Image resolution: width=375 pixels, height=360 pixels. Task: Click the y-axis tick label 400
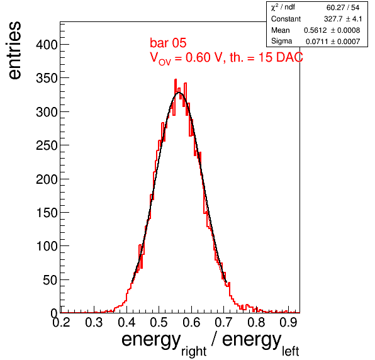(47, 45)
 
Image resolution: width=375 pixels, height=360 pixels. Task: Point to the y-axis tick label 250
(47, 145)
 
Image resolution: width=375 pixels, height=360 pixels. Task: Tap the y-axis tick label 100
(47, 246)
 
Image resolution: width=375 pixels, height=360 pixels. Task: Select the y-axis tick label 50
(50, 280)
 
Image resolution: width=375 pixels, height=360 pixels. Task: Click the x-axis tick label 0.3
(94, 322)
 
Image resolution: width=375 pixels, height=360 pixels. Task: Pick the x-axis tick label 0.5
(159, 322)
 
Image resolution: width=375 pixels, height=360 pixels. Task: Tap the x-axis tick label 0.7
(223, 322)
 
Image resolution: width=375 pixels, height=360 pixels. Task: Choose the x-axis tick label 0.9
(288, 322)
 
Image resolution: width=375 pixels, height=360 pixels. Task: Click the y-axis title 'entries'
(15, 50)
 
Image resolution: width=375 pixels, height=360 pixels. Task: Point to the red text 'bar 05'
(168, 43)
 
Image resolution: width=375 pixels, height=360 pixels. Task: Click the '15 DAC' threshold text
(281, 57)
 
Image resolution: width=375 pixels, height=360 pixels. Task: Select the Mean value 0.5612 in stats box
(315, 30)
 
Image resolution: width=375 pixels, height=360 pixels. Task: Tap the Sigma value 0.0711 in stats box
(317, 42)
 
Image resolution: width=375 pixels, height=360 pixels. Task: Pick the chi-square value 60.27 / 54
(343, 8)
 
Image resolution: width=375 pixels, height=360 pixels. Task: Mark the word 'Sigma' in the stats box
(281, 42)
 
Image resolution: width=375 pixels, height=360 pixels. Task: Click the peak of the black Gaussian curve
(179, 93)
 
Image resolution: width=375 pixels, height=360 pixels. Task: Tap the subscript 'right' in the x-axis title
(194, 351)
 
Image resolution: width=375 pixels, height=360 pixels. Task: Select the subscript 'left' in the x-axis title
(290, 351)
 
